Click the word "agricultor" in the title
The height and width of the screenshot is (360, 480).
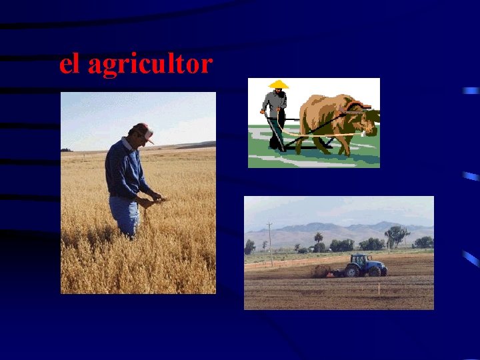[150, 65]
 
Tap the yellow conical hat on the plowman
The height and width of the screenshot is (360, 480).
[278, 85]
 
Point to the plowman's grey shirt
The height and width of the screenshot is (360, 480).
[274, 103]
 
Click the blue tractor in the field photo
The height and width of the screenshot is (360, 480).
[364, 265]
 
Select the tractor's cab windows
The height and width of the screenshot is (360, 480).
[361, 259]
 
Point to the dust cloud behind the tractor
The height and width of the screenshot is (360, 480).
[323, 270]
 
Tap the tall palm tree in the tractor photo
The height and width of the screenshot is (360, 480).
[319, 239]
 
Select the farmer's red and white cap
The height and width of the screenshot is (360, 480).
[144, 130]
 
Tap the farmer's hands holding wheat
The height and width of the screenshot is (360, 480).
[154, 198]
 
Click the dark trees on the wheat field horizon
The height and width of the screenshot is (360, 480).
[66, 150]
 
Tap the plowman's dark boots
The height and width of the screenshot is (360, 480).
[275, 143]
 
